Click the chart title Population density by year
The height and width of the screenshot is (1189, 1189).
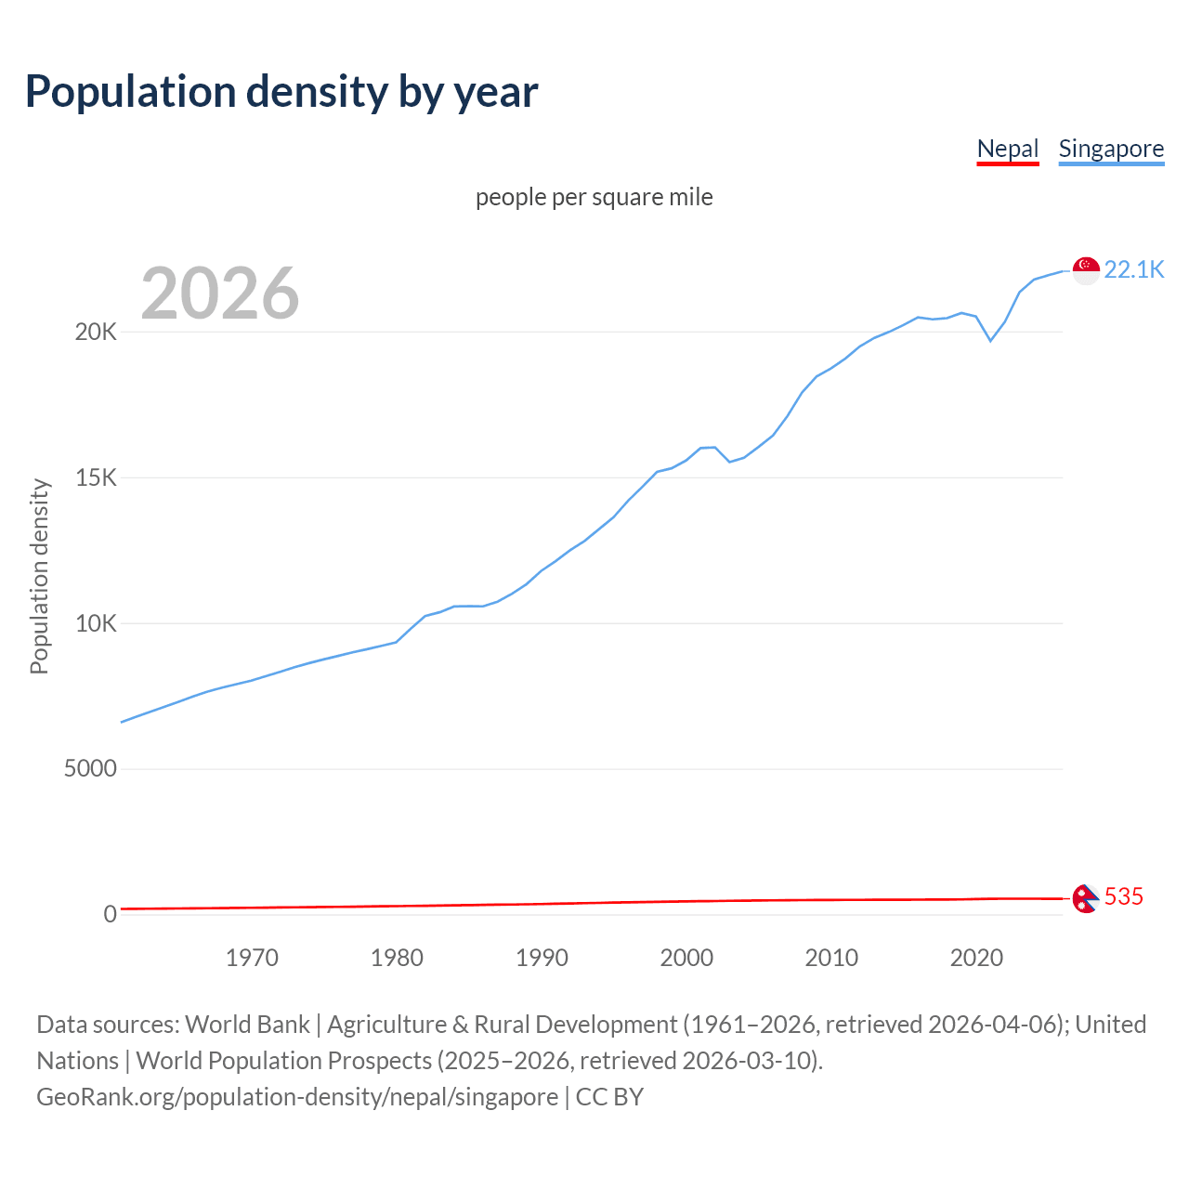281,92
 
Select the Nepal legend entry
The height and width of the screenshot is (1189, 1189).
1007,149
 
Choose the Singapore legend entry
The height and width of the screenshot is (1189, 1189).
1111,149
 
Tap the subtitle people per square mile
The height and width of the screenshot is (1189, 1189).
594,197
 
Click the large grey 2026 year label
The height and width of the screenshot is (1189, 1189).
220,294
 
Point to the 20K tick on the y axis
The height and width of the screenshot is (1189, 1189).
96,333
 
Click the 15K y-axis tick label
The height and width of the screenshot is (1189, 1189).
96,478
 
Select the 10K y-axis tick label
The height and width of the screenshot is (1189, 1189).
96,623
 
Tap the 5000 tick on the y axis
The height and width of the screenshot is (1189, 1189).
90,769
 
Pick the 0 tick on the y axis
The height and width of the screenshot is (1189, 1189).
110,914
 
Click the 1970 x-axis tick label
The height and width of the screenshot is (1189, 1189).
252,958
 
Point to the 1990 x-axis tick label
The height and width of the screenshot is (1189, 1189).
542,958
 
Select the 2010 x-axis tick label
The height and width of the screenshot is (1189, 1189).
831,958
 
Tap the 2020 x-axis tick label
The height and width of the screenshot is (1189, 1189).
976,958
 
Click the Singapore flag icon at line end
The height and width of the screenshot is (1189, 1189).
1086,270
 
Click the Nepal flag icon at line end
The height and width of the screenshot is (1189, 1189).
1085,898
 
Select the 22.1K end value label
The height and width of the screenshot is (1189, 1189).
1133,269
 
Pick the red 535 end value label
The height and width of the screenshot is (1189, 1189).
1123,896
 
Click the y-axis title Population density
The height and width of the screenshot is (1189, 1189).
39,576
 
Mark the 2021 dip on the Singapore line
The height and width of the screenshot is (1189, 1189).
990,340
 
